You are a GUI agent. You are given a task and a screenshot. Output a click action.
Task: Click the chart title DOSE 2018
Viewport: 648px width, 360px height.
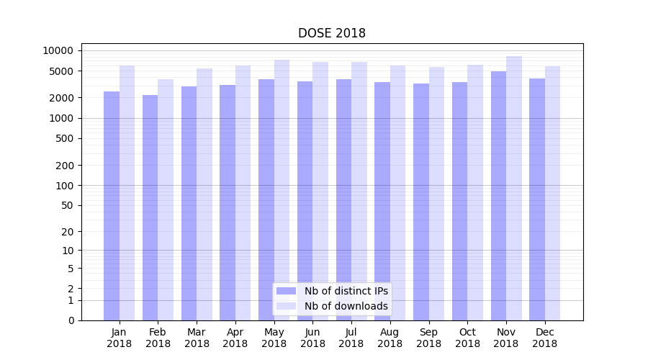332,34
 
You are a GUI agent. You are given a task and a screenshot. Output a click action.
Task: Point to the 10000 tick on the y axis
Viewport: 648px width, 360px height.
58,50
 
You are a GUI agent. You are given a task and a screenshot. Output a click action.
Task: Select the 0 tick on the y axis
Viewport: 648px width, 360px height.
71,320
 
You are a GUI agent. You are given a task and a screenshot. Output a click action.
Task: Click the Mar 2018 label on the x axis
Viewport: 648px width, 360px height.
197,338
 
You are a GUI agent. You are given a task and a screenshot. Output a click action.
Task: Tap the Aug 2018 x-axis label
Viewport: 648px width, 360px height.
390,338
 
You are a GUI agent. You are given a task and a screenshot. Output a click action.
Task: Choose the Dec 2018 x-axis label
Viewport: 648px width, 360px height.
544,338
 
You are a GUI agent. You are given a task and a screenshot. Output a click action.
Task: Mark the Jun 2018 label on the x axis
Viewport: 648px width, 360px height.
312,338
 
